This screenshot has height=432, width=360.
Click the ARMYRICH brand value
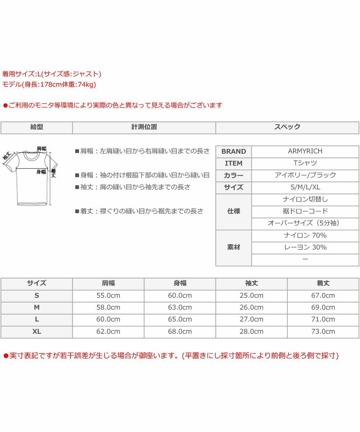point(305,151)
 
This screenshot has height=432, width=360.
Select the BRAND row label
point(234,151)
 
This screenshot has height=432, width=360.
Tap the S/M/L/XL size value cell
point(305,187)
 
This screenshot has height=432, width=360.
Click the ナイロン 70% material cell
point(305,235)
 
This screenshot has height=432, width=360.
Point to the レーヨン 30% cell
point(305,247)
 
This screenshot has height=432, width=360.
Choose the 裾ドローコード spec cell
point(305,211)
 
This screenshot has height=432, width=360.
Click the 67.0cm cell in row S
point(323,296)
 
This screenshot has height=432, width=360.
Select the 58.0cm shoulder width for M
point(108,307)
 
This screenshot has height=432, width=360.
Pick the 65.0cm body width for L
point(180,319)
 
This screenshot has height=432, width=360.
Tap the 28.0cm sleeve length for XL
point(251,332)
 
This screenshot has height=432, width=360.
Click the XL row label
point(37,332)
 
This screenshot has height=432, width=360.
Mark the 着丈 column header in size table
point(323,283)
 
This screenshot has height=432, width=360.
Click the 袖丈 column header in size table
point(251,283)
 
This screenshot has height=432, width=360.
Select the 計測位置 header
point(144,127)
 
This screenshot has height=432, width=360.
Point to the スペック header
point(287,127)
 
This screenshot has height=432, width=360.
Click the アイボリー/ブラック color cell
point(305,175)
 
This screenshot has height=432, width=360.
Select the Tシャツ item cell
point(305,163)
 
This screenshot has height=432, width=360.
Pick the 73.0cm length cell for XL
point(323,332)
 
